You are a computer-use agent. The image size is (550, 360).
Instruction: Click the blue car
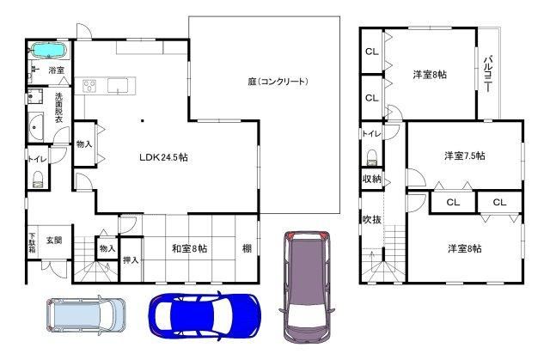[205, 316]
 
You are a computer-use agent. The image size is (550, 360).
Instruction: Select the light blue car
[86, 314]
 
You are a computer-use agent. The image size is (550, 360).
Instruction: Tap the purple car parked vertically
[307, 286]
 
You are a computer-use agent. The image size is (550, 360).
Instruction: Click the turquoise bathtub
[49, 51]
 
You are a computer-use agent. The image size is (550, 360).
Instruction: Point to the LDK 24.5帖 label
[163, 157]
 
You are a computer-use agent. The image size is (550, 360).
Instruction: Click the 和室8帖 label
[189, 248]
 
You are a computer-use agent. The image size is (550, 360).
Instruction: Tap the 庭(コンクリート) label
[278, 82]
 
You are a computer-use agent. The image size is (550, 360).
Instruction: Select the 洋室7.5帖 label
[465, 156]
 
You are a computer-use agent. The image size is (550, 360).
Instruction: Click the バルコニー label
[488, 74]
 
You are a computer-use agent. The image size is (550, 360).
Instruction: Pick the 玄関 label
[54, 241]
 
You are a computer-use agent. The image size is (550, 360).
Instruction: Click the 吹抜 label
[371, 219]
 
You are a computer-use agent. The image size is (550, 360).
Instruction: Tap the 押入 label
[131, 260]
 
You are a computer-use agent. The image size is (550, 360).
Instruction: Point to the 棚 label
[247, 248]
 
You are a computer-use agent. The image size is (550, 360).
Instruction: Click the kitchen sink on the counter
[118, 86]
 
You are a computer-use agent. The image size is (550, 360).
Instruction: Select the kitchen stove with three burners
[89, 86]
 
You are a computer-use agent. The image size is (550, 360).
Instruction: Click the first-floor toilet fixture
[38, 179]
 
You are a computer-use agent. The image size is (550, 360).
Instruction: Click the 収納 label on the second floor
[371, 179]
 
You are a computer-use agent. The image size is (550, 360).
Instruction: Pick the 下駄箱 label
[33, 243]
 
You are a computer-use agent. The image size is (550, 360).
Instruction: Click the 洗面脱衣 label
[58, 107]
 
